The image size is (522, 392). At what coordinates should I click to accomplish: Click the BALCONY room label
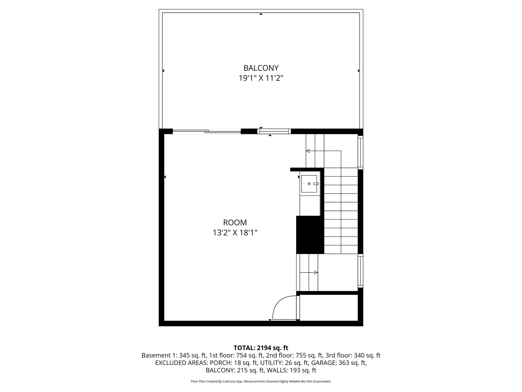pos(261,68)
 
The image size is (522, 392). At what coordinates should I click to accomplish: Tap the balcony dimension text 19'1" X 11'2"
pos(261,78)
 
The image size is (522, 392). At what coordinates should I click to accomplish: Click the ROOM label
pos(235,223)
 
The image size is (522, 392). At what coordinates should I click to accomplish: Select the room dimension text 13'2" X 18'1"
pos(235,233)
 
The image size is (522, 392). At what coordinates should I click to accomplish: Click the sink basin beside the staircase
pos(309,184)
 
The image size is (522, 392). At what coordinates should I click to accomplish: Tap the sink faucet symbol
pos(316,184)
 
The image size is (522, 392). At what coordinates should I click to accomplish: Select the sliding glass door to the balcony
pos(207,131)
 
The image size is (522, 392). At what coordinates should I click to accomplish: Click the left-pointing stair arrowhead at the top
pos(308,151)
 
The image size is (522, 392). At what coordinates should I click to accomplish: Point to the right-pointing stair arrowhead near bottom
pos(316,273)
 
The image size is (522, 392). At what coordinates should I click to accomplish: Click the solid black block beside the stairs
pos(310,235)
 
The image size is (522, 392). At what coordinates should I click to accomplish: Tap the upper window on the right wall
pos(360,152)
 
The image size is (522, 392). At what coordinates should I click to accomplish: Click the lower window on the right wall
pos(360,271)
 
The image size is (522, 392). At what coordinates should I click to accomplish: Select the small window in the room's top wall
pos(274,131)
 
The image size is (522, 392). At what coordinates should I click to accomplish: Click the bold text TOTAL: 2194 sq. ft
pos(261,348)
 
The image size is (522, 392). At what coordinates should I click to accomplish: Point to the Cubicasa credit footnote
pos(261,382)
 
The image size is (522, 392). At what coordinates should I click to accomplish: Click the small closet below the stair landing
pos(329,308)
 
